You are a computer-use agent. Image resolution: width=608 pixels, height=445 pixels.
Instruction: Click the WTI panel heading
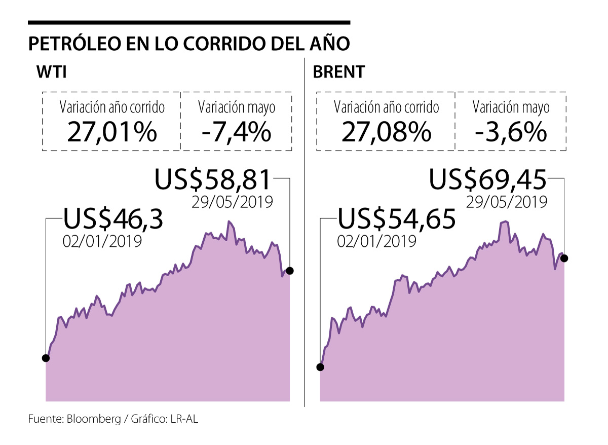(x=52, y=72)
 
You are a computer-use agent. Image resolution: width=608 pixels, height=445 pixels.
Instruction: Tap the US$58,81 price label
(x=213, y=181)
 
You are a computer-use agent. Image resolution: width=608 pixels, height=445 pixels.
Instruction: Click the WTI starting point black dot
(x=46, y=358)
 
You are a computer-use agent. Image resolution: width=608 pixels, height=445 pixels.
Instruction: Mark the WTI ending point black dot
(x=289, y=271)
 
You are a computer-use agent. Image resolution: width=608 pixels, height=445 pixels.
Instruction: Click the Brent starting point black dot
(x=320, y=367)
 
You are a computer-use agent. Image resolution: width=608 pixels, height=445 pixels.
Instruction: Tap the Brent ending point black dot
(x=564, y=258)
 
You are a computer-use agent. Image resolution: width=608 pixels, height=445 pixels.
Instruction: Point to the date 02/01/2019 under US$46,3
(x=102, y=241)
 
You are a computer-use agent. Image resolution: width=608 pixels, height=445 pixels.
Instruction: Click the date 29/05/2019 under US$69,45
(x=507, y=202)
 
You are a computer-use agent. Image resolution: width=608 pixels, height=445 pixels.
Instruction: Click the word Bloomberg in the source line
(x=90, y=420)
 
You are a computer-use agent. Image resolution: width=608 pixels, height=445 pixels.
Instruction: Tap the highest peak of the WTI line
(x=229, y=221)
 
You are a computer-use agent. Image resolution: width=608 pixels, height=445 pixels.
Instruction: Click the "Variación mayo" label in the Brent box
(x=511, y=107)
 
